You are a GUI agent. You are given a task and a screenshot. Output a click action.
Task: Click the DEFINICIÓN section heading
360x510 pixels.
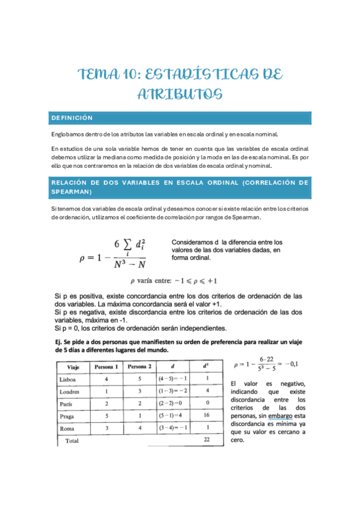point(72,118)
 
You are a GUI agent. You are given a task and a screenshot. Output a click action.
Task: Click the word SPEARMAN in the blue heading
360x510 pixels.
point(72,192)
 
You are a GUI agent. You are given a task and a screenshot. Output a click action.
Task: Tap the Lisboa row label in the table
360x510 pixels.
point(68,379)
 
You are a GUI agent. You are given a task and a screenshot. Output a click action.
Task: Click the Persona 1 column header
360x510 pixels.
point(106,366)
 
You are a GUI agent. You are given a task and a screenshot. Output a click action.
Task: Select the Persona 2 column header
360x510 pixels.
point(139,366)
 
